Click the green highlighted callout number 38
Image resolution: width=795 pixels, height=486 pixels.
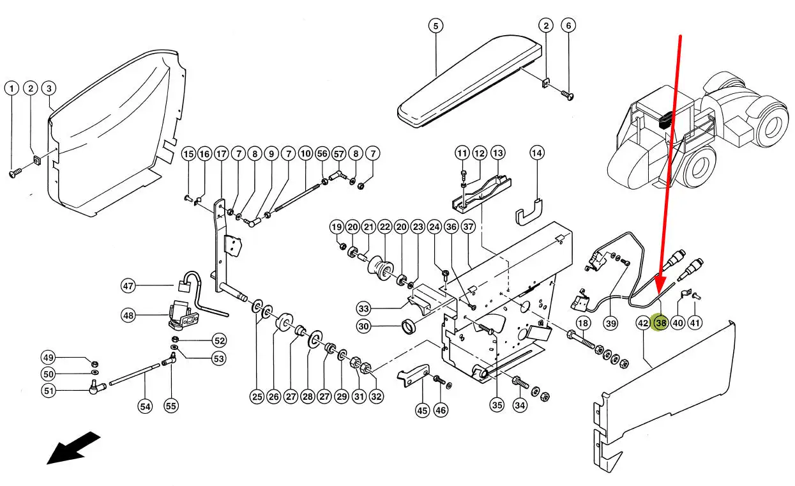(660, 323)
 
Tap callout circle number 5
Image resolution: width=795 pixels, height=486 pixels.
(435, 26)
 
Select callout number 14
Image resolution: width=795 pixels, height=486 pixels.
(537, 153)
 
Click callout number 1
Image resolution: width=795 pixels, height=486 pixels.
(11, 88)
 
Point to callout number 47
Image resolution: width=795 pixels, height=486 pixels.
(129, 285)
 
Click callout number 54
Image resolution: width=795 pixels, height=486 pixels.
(145, 406)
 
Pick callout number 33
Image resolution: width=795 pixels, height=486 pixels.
(363, 309)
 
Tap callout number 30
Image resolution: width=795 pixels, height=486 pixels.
(363, 326)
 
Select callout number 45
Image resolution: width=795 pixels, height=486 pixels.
(422, 411)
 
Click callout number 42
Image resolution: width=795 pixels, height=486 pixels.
(643, 323)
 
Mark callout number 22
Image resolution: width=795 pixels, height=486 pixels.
(384, 227)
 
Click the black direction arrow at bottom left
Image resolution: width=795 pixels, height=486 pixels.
(73, 447)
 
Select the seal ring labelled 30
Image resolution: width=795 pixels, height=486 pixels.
(409, 328)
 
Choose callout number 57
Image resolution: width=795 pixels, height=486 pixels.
(338, 154)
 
